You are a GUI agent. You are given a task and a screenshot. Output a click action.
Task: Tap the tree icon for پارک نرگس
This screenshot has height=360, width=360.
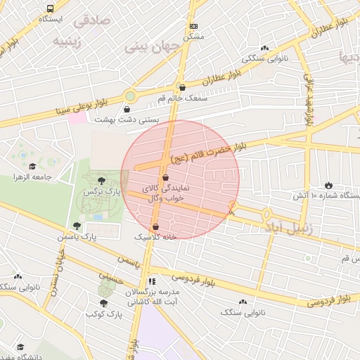(x=103, y=181)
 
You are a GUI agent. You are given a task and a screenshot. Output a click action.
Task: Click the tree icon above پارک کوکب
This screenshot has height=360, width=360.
(x=104, y=303)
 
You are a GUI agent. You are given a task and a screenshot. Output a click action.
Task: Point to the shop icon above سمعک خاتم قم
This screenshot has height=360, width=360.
(x=183, y=88)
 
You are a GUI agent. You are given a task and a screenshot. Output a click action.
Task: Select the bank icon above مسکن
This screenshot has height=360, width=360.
(x=194, y=26)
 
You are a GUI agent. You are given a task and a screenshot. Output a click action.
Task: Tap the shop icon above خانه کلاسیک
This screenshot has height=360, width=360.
(x=155, y=227)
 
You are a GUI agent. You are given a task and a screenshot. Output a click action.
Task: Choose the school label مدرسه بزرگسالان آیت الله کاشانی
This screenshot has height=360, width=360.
(x=153, y=295)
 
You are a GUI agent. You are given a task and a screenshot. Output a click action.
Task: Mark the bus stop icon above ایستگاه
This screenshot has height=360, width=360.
(x=49, y=8)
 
